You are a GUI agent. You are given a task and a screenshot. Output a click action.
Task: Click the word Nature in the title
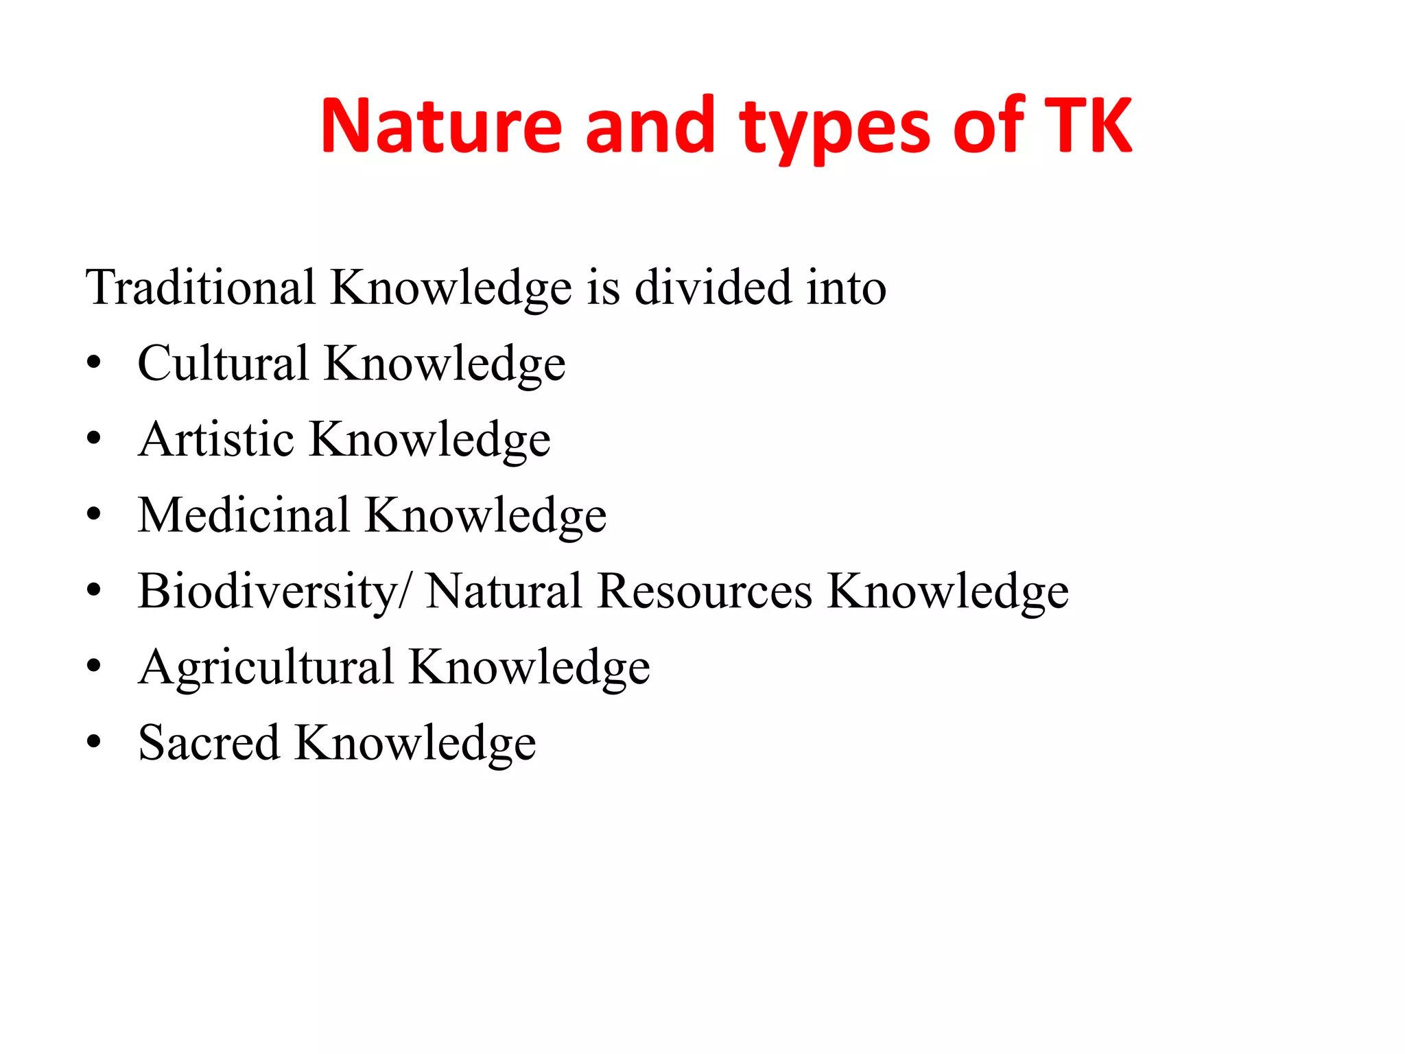click(441, 126)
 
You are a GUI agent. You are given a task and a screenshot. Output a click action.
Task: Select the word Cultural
click(223, 363)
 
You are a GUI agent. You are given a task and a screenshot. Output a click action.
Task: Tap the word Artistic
click(216, 439)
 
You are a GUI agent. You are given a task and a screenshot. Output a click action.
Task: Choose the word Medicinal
click(244, 515)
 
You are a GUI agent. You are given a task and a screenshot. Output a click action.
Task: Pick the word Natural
click(504, 591)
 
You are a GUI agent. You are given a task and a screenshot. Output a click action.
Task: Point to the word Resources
click(705, 591)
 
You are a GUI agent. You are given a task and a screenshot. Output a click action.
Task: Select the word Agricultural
click(266, 667)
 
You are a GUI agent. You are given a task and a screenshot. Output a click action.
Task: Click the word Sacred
click(209, 742)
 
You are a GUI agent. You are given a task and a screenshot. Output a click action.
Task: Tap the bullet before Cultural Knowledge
click(94, 363)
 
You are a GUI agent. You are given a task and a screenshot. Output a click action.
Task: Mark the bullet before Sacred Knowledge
click(94, 742)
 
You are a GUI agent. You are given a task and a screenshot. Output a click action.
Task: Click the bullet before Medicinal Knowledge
click(94, 515)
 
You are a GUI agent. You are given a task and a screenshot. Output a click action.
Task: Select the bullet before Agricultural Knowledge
click(94, 666)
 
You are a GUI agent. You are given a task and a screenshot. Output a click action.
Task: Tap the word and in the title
click(650, 126)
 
